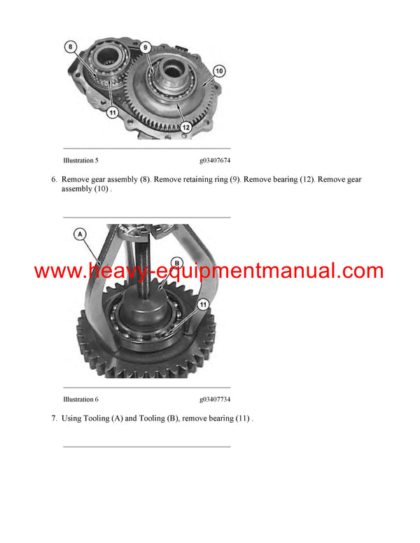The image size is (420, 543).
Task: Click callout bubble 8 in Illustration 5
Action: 71,47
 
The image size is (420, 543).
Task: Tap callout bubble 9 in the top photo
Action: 146,48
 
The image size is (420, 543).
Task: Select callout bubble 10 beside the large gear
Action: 218,71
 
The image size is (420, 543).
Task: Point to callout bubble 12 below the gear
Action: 185,127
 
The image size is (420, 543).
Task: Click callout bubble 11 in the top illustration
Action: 112,112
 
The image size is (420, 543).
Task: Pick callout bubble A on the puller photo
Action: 80,234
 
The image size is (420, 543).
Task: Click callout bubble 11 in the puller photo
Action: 203,305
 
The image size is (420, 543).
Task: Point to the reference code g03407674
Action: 215,161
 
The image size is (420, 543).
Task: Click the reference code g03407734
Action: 215,400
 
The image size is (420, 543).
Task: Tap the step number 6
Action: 53,180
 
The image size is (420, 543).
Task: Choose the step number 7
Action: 53,418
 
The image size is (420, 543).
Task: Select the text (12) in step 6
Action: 304,180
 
